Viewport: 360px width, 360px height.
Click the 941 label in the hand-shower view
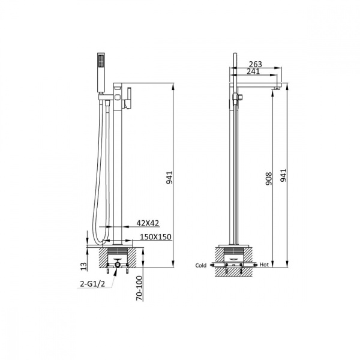[x=170, y=177]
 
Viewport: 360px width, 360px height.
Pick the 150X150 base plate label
[x=155, y=238]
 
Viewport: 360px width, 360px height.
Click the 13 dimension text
[x=84, y=265]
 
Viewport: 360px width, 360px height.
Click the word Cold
[x=201, y=265]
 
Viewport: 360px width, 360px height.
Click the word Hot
[x=264, y=265]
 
